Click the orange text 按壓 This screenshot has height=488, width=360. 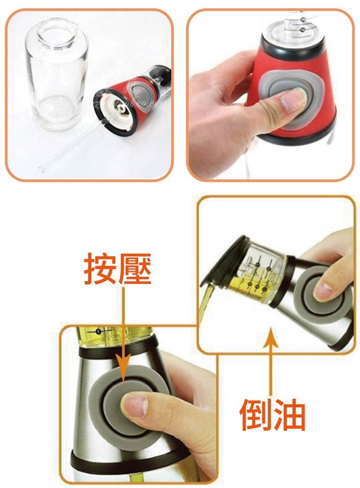[x=117, y=268]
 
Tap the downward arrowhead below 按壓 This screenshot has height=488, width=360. [x=124, y=371]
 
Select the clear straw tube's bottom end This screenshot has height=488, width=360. [x=41, y=169]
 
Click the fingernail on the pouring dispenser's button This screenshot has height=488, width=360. [x=323, y=291]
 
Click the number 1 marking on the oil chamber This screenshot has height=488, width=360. [x=99, y=331]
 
